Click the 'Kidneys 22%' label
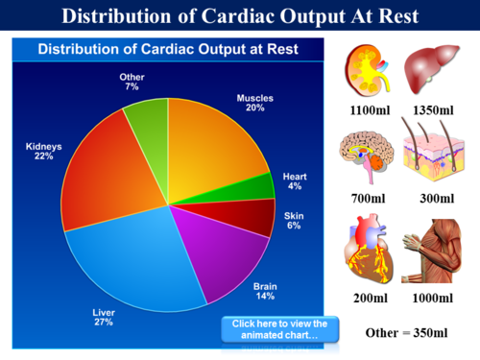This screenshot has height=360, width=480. pos(44,152)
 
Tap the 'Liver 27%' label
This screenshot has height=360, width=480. pos(104,317)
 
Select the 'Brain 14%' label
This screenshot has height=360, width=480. pos(264,292)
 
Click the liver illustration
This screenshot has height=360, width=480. pos(431,71)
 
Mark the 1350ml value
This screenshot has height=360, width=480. pos(432,110)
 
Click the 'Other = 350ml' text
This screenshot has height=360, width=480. pos(407,333)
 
